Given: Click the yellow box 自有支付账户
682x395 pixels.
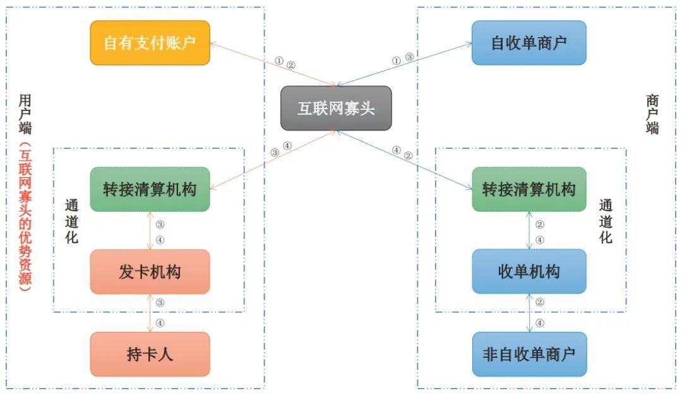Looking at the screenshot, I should point(150,43).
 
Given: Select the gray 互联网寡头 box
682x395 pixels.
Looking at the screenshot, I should point(336,108).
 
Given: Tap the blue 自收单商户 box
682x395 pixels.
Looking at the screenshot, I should point(529,43).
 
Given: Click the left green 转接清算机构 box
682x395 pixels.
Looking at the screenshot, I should point(150,189).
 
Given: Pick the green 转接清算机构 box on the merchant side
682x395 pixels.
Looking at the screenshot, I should point(529,189).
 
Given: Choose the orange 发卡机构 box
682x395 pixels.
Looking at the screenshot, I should point(150,272).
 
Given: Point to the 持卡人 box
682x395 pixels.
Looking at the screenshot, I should point(150,354).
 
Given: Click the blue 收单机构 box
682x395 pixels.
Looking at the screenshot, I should point(529,272).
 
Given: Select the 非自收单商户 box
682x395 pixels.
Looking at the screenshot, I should point(529,354).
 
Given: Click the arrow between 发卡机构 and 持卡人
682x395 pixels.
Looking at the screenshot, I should point(150,313).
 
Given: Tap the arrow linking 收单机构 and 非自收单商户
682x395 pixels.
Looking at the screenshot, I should point(529,313).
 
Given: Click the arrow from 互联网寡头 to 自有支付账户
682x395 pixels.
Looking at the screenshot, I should point(272,64).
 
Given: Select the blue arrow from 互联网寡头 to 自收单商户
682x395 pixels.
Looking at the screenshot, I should point(404,64).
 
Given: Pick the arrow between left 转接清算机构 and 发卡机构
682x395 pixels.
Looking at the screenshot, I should point(150,231).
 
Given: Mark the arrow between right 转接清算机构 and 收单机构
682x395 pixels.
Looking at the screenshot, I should point(529,231).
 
